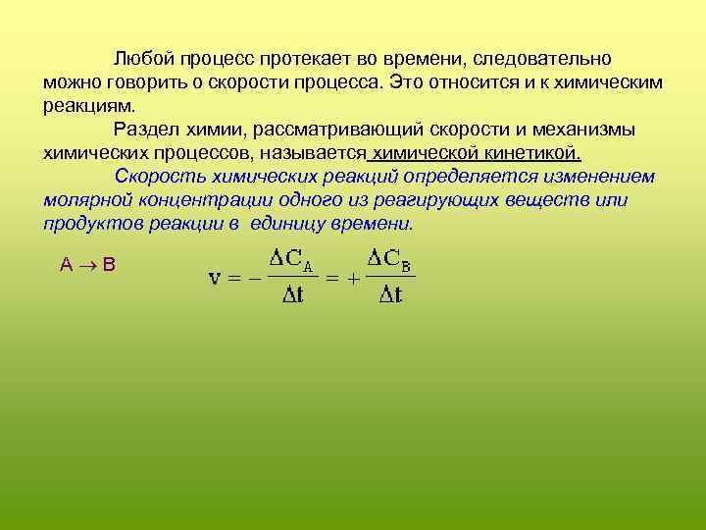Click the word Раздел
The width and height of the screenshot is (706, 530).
(142, 130)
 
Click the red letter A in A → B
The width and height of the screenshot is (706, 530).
(66, 264)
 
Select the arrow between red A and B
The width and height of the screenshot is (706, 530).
(86, 264)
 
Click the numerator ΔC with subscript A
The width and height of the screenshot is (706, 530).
(291, 260)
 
